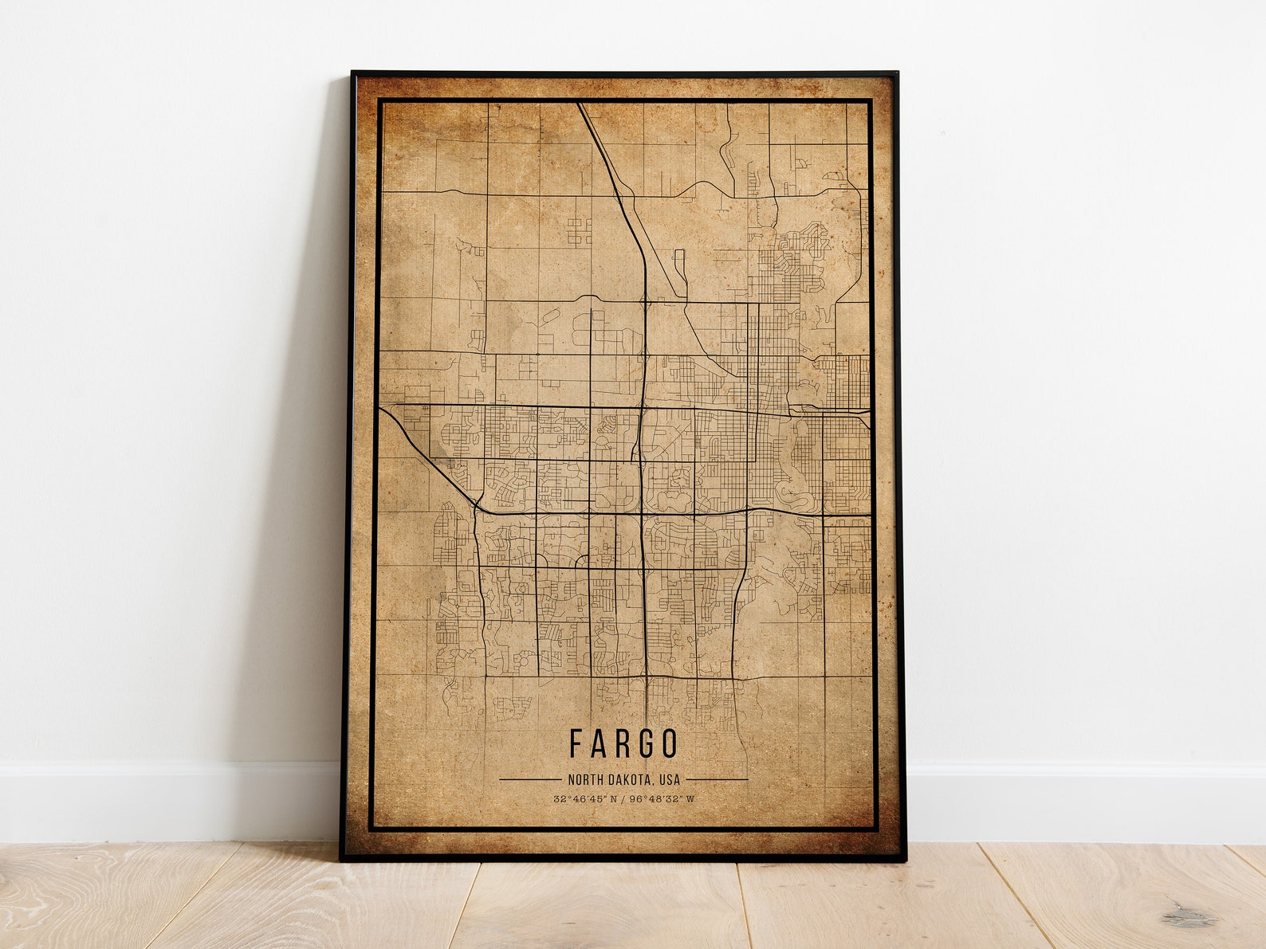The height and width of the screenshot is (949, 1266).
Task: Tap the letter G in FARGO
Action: click(x=644, y=743)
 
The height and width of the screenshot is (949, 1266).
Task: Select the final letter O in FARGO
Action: click(x=668, y=743)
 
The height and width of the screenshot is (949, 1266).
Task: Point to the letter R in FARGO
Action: click(x=622, y=743)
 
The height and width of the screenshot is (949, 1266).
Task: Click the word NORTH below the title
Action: click(x=584, y=780)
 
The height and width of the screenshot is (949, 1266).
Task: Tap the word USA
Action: click(x=670, y=780)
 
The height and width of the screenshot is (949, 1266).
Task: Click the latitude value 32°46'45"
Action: click(x=580, y=799)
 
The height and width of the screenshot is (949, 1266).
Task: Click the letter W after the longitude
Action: click(x=690, y=799)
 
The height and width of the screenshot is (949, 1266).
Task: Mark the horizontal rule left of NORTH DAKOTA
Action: click(x=530, y=779)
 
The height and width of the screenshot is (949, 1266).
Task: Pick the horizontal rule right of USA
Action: click(x=717, y=779)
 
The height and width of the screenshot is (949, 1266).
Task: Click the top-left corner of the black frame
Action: click(x=353, y=73)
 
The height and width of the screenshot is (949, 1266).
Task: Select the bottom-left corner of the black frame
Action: click(x=342, y=859)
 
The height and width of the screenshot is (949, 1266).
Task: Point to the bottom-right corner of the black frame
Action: click(x=906, y=859)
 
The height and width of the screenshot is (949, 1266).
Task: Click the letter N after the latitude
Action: click(x=612, y=799)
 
